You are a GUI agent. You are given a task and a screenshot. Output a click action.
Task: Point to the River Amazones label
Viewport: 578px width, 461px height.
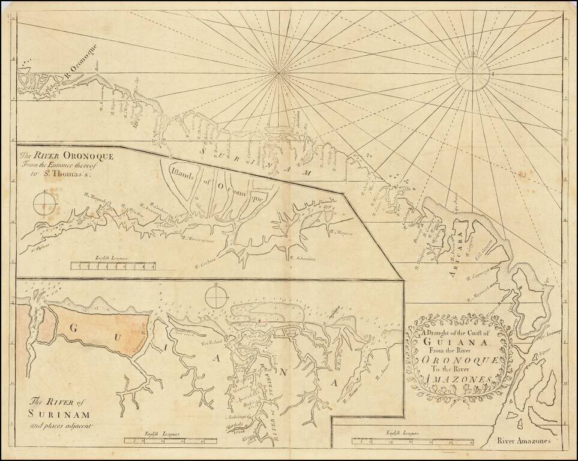coord(524,442)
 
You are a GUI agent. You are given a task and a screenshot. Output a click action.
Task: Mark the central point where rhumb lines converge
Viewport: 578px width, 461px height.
coord(278,73)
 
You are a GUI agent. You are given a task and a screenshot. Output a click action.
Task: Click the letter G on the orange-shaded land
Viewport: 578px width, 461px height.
coord(75,329)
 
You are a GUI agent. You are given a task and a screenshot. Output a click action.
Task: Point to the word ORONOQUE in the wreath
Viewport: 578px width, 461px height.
coord(456,360)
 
